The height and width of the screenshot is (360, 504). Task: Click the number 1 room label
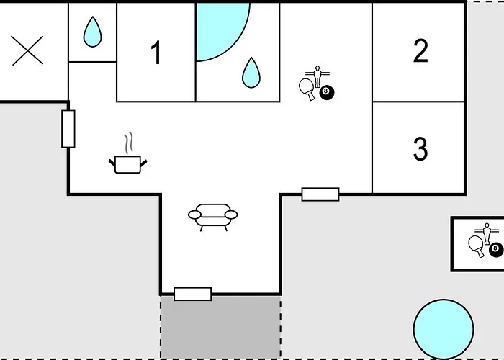click(156, 53)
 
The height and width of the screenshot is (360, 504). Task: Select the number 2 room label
click(420, 50)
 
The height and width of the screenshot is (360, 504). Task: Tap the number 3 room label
click(420, 148)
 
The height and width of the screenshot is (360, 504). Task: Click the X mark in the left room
click(27, 50)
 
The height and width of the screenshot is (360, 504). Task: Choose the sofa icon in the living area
click(213, 217)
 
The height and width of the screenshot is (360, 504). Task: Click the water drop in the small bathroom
click(93, 32)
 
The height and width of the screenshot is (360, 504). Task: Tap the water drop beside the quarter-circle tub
click(251, 73)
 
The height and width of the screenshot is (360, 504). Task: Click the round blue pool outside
click(444, 329)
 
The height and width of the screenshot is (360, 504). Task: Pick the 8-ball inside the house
click(327, 93)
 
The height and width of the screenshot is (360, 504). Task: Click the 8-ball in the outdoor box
click(496, 250)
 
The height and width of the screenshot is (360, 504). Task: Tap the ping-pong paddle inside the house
click(307, 89)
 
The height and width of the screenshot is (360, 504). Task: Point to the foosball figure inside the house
click(318, 76)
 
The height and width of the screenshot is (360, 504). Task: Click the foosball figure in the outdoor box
click(487, 233)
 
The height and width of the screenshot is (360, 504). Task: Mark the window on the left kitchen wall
click(68, 129)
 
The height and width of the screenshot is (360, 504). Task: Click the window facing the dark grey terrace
click(193, 294)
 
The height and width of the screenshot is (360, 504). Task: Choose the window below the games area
click(320, 194)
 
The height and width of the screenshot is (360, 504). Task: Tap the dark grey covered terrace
click(220, 327)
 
